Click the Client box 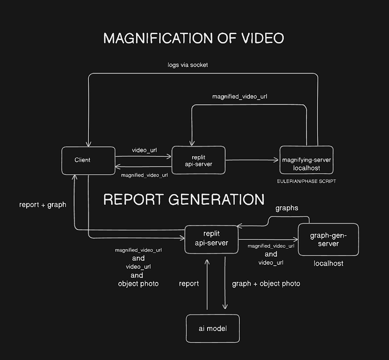(88, 160)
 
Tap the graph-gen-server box (328, 239)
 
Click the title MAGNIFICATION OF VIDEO (194, 38)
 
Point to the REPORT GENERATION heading (184, 200)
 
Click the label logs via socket (187, 65)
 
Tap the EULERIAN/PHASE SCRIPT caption (307, 181)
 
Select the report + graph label (43, 205)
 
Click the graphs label (287, 208)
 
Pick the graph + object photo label (266, 284)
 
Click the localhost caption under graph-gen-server (328, 264)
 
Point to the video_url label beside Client (144, 150)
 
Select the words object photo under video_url (138, 284)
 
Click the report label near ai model (189, 284)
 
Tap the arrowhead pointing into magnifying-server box (277, 160)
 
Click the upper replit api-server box (198, 160)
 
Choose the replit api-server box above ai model (211, 239)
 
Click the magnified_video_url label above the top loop (240, 97)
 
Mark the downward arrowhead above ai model (225, 307)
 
